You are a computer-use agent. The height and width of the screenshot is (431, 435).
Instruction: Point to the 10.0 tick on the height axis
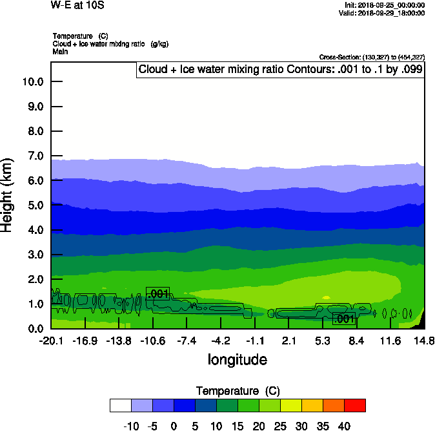tap(32, 82)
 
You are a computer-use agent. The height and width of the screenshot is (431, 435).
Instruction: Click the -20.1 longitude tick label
tap(51, 340)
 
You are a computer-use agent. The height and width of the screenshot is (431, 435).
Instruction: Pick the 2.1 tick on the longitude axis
tap(288, 340)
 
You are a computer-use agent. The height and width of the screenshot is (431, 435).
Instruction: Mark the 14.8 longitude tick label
tap(424, 340)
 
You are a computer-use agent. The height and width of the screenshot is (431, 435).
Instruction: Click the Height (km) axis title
tap(8, 194)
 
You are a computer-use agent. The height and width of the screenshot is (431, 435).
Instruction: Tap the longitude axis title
tap(237, 359)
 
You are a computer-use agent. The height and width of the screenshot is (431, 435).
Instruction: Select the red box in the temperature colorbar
tap(354, 405)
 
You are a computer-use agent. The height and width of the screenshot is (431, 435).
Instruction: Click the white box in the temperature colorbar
tap(121, 405)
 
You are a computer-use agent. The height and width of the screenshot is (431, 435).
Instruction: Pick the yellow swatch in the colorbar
tap(290, 405)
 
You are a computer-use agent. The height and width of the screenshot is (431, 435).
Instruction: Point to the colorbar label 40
tap(344, 426)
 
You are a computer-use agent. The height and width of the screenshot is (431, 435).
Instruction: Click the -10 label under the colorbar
tap(131, 426)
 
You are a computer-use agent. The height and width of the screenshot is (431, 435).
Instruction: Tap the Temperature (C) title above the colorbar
tap(237, 391)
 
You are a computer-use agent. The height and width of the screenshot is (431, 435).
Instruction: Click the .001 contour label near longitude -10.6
tap(158, 294)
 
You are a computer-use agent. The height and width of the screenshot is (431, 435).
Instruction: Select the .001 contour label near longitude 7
tap(344, 319)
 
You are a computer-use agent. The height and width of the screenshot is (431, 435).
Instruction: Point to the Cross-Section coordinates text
tap(372, 57)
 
